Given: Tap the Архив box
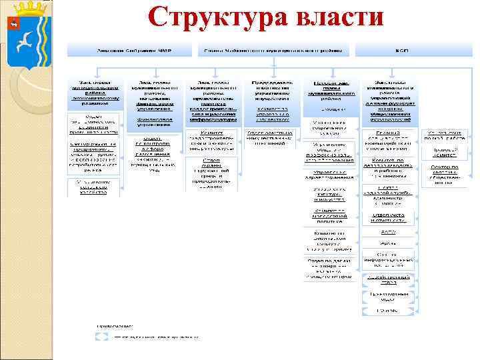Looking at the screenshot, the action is (388, 243).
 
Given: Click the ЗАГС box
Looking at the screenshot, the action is (388, 231).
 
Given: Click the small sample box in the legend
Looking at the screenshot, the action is (101, 337).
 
